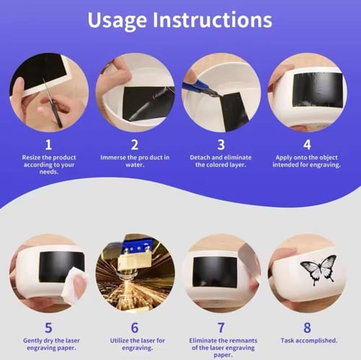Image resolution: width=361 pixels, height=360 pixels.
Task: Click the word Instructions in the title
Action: [x=212, y=20]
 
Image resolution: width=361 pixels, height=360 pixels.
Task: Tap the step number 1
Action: [x=48, y=145]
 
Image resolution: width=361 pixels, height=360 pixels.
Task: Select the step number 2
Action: [x=134, y=145]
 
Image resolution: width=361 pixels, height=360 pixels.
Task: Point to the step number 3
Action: [x=221, y=145]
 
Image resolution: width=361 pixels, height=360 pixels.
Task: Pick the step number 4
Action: [x=307, y=145]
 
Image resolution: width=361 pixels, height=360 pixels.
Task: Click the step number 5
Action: [x=48, y=327]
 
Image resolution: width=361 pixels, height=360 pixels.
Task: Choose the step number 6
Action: [x=135, y=327]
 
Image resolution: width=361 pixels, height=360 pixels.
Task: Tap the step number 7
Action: [x=221, y=327]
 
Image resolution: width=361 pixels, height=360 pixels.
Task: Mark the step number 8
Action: [x=307, y=327]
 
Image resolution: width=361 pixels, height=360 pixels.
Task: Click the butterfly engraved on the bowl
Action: [x=318, y=270]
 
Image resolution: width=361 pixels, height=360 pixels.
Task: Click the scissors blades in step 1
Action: [x=53, y=103]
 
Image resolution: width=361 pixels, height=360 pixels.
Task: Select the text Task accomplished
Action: [x=309, y=340]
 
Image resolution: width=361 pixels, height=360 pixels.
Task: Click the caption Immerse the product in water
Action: [x=135, y=161]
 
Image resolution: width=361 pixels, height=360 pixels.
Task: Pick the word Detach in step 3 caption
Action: [x=200, y=158]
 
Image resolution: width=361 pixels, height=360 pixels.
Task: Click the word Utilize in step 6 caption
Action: [x=119, y=340]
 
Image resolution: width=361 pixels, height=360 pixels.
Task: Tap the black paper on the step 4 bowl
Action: [x=318, y=90]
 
